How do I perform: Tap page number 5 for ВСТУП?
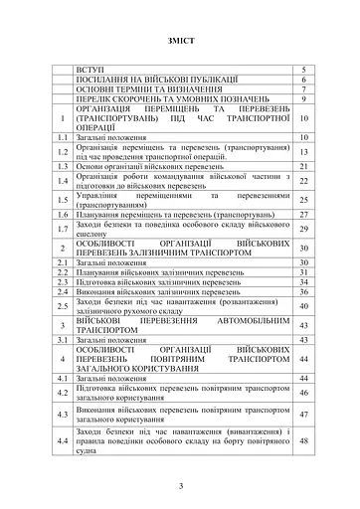[x=303, y=69]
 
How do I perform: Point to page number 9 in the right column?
[x=303, y=99]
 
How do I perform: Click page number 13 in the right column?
[x=303, y=151]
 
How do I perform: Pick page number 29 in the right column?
[x=303, y=229]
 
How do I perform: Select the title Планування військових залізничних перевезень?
[x=161, y=270]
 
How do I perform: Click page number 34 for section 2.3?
[x=303, y=281]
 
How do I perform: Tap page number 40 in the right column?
[x=303, y=306]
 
